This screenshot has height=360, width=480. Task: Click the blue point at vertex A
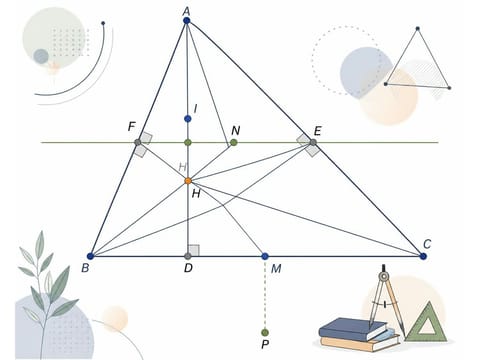click(x=186, y=21)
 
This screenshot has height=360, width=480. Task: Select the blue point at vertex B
click(x=90, y=256)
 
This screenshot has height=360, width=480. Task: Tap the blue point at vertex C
click(x=423, y=256)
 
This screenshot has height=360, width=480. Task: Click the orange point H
click(x=188, y=181)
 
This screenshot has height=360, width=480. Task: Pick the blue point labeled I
click(x=188, y=119)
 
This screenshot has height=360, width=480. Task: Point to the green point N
click(x=234, y=143)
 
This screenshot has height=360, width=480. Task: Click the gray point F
click(x=138, y=143)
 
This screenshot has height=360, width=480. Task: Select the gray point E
click(x=313, y=143)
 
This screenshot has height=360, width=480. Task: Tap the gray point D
click(x=188, y=256)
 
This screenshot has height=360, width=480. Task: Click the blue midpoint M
click(x=265, y=256)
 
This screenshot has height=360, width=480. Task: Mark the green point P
click(x=265, y=332)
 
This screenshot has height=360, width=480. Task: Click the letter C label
click(x=427, y=244)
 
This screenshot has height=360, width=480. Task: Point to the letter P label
click(x=265, y=344)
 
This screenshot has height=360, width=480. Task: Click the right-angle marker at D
click(x=194, y=251)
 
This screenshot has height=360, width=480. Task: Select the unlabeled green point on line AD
click(x=188, y=143)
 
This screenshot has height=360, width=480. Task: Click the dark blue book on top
click(x=353, y=328)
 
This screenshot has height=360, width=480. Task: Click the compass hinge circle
click(x=384, y=276)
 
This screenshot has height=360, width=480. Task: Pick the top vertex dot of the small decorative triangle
click(x=418, y=29)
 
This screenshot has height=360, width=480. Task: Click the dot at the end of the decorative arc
click(x=103, y=23)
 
